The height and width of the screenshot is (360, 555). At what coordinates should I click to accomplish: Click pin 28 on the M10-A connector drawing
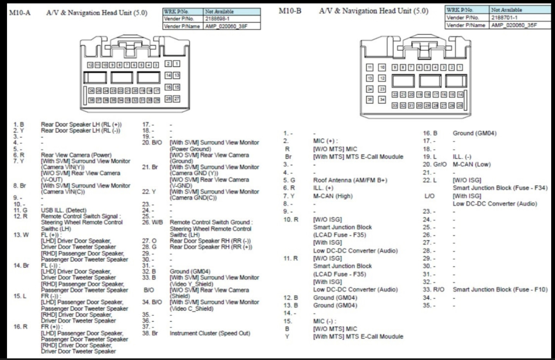(x=168, y=99)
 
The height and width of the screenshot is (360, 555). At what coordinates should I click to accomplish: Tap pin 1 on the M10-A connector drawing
(x=176, y=64)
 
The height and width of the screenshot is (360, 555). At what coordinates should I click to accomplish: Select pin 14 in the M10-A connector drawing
(x=168, y=75)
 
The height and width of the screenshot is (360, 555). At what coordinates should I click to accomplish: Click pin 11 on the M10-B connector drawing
(x=370, y=67)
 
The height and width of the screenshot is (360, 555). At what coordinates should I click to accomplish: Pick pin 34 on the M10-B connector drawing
(x=382, y=100)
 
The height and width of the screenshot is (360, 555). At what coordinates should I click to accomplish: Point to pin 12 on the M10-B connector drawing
(x=382, y=78)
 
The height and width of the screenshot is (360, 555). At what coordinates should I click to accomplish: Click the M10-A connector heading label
(x=20, y=12)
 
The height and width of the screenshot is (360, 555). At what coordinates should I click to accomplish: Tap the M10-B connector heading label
(x=290, y=11)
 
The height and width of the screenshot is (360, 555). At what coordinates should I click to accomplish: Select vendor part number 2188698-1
(x=218, y=19)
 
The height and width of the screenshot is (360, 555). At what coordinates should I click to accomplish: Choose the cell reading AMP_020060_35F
(x=514, y=25)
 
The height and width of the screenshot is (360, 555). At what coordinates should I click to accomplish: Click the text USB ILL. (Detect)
(x=64, y=210)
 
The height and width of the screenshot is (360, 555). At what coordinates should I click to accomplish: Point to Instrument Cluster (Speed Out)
(x=210, y=333)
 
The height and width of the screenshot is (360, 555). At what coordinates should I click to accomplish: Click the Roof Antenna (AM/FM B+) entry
(x=350, y=180)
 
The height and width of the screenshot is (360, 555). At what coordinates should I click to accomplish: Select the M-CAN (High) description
(x=333, y=196)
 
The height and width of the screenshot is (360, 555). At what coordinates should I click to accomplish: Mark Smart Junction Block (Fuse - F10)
(x=500, y=290)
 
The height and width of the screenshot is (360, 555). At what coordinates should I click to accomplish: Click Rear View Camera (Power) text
(x=76, y=155)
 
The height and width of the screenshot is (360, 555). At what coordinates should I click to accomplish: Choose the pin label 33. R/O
(x=433, y=290)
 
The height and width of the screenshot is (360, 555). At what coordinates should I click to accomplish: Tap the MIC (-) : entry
(x=324, y=321)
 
